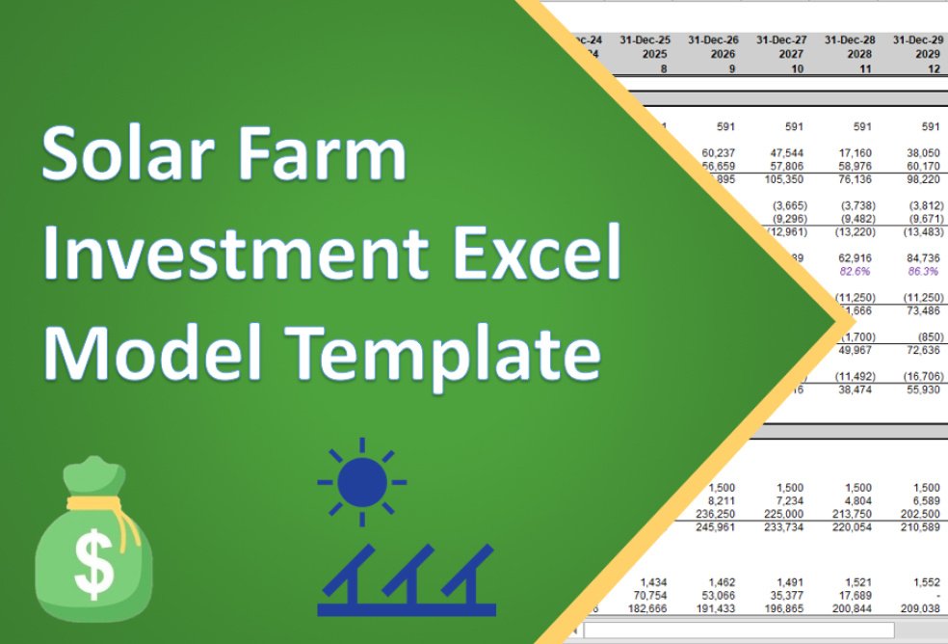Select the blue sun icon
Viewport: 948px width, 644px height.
[361, 481]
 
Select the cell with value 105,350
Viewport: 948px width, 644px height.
[783, 178]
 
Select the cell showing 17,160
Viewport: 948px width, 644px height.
[854, 151]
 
